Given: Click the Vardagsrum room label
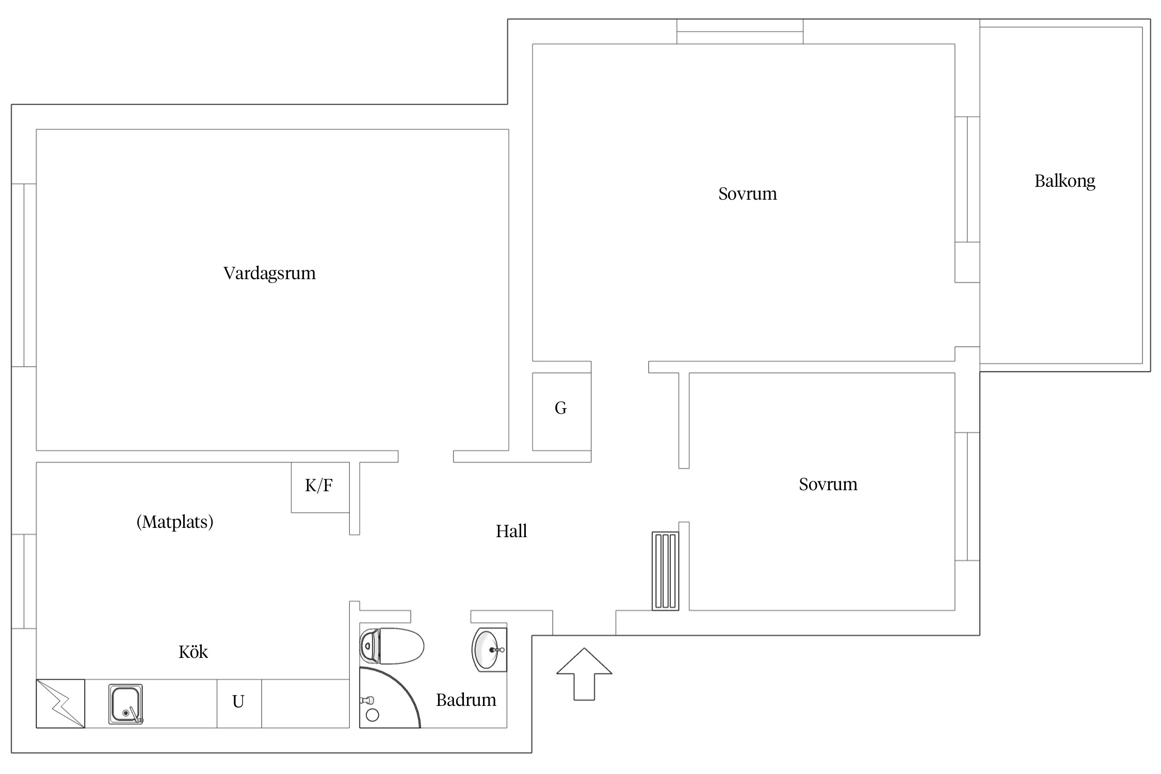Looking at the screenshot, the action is [x=269, y=273].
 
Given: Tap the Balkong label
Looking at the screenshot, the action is [x=1065, y=182].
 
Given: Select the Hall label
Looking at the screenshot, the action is [x=511, y=531].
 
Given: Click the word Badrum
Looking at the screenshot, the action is [x=466, y=700].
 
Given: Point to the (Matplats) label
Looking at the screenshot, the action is [x=175, y=522].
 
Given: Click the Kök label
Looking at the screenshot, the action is [x=193, y=652].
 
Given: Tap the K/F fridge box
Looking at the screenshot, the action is [x=320, y=487].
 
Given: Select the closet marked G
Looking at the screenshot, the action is [x=561, y=411].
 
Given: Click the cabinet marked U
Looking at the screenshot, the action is [x=239, y=703].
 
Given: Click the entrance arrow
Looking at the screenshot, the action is [x=584, y=674].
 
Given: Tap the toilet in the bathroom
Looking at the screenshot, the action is [x=392, y=646].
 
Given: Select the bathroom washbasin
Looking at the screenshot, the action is [x=489, y=649].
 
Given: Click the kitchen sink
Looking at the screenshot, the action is [x=125, y=704].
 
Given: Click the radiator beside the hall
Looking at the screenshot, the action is [x=665, y=571].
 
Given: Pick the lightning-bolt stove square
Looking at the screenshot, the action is [x=60, y=703].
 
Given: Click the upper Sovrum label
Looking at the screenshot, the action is [x=747, y=194].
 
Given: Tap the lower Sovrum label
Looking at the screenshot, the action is [x=828, y=485].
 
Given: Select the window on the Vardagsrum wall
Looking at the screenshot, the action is [x=24, y=275].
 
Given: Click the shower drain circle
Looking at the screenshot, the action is [x=372, y=715].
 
